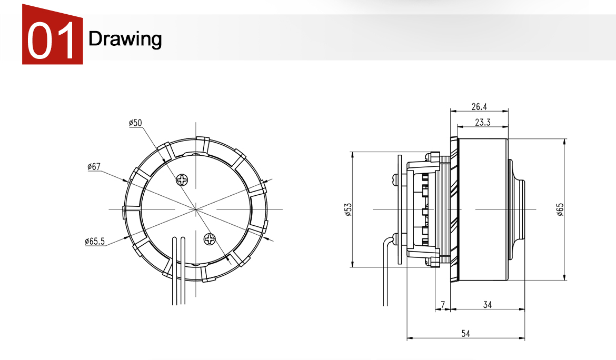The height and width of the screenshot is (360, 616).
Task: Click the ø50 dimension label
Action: [x=135, y=123]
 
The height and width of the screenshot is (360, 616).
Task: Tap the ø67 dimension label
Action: [x=94, y=166]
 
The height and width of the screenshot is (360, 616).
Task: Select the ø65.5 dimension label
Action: [x=95, y=241]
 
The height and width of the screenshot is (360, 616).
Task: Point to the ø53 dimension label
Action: [x=347, y=209]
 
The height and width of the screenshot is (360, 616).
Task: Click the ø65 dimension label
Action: [x=560, y=209]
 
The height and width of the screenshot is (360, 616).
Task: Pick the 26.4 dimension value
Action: [x=479, y=106]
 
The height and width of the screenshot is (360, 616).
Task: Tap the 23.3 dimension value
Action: [x=483, y=122]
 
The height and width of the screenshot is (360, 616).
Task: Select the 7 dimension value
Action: [x=443, y=305]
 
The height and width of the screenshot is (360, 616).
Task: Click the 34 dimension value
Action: [x=488, y=305]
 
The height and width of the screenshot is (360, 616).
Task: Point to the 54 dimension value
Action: [x=465, y=333]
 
